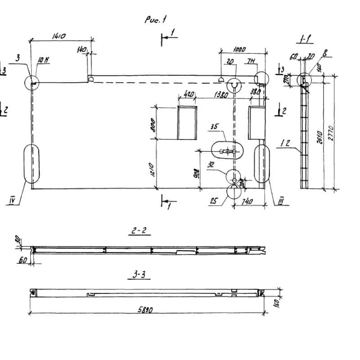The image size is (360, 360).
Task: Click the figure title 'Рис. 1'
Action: [156, 19]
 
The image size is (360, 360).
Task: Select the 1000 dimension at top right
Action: [243, 49]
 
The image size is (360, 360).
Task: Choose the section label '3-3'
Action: [139, 274]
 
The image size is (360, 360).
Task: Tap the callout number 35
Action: [214, 127]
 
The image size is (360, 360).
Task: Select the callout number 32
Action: [211, 165]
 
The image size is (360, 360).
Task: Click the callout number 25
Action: [214, 201]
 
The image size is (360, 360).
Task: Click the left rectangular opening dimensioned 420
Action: [187, 122]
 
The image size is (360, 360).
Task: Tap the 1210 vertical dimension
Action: [153, 169]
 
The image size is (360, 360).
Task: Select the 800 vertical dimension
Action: [153, 123]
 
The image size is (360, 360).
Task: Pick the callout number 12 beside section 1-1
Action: [284, 144]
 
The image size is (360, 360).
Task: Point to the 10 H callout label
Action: [44, 59]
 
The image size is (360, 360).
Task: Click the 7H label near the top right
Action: [251, 60]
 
